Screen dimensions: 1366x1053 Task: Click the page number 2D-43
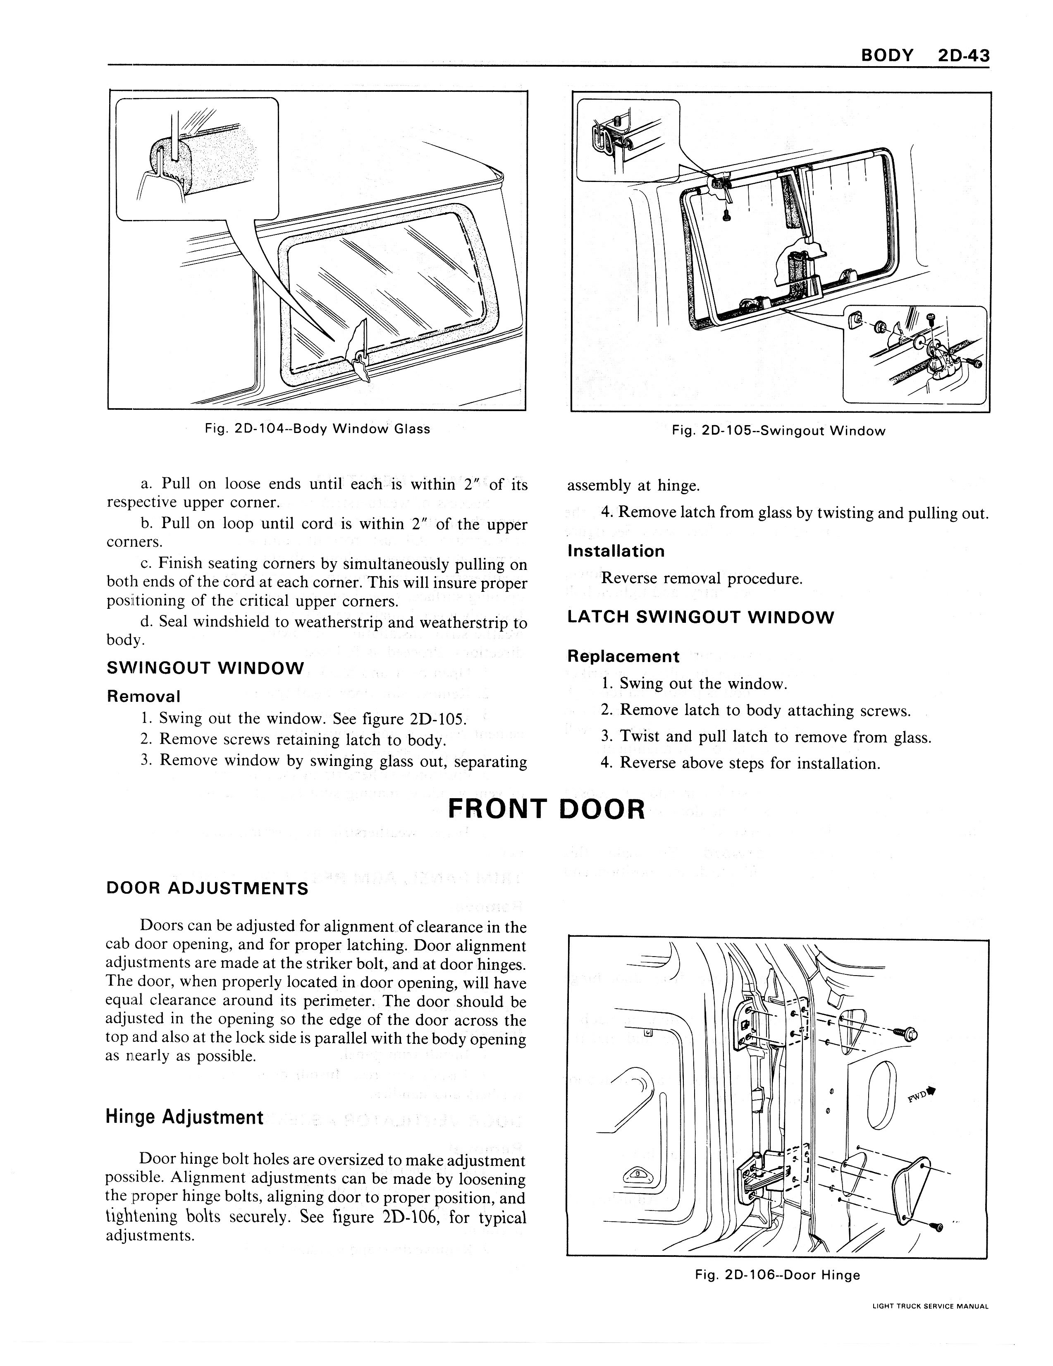(964, 56)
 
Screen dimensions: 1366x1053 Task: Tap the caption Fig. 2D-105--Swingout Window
(778, 431)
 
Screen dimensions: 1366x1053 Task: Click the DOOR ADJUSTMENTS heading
(208, 888)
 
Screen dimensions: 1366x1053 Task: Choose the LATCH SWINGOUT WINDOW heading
(700, 617)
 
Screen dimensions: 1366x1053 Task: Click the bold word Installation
(616, 551)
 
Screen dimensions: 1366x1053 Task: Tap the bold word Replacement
(623, 656)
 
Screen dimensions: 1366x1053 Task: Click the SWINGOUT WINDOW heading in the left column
(206, 668)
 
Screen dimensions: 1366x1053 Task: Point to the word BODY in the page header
(887, 56)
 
